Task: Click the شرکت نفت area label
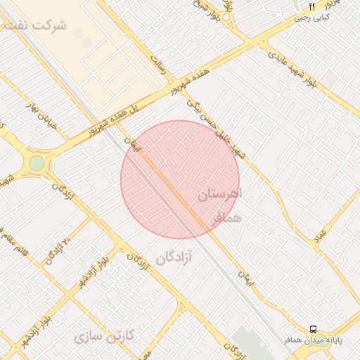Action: [x=35, y=25]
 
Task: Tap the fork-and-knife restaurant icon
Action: [x=311, y=7]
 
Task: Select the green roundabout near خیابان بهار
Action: [x=37, y=163]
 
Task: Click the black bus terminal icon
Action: [x=313, y=328]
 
